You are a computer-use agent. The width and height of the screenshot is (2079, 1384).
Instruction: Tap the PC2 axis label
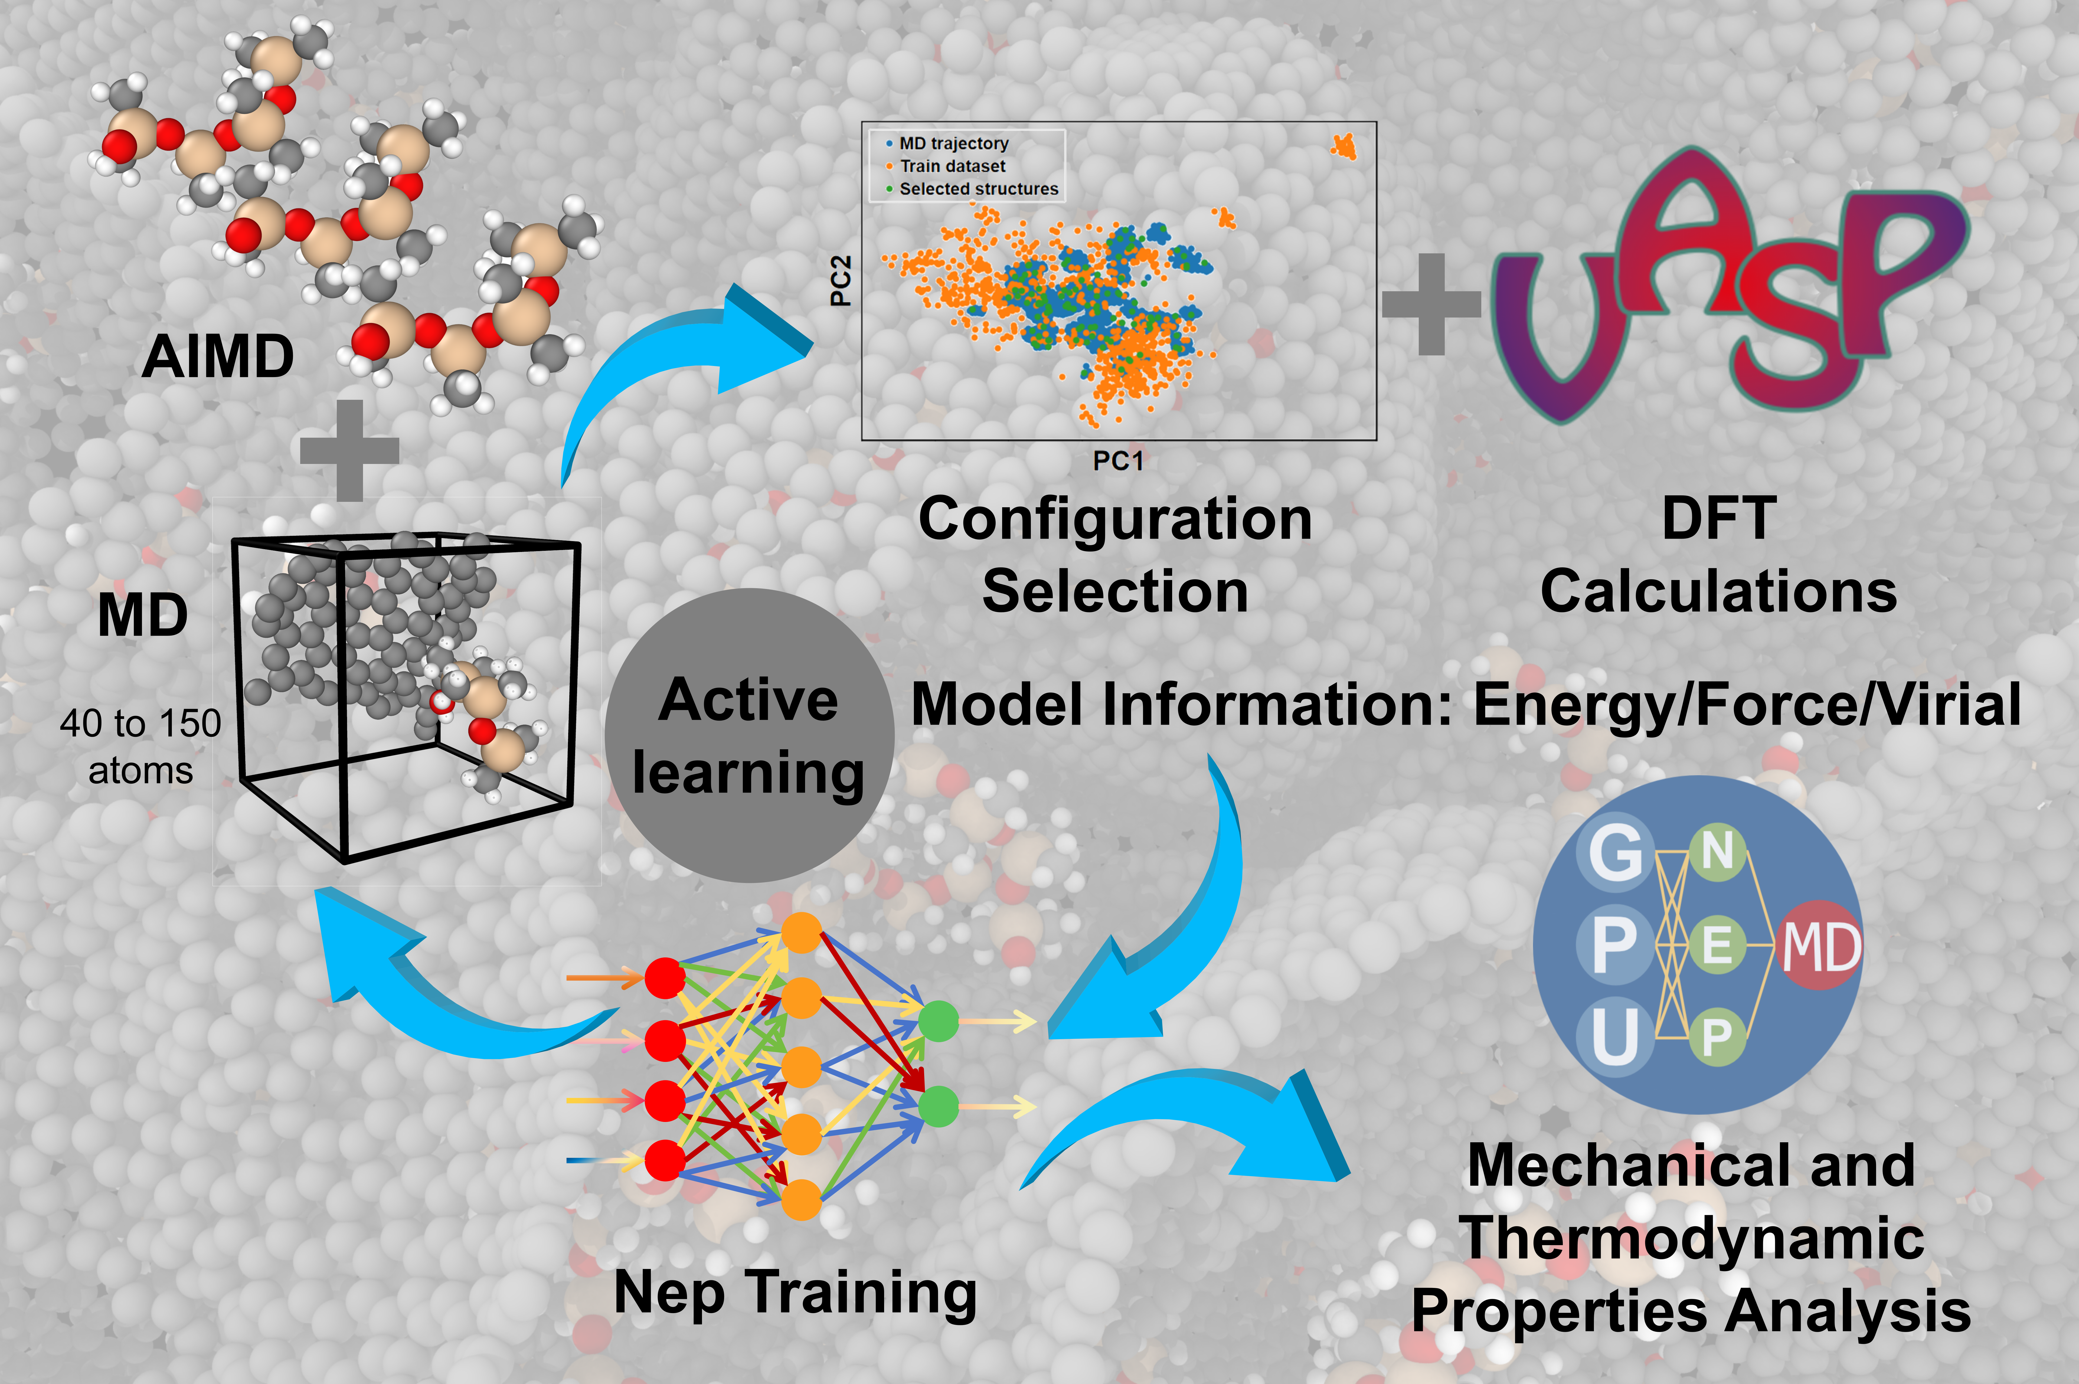point(841,281)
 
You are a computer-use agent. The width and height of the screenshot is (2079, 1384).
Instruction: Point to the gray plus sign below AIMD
point(349,450)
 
